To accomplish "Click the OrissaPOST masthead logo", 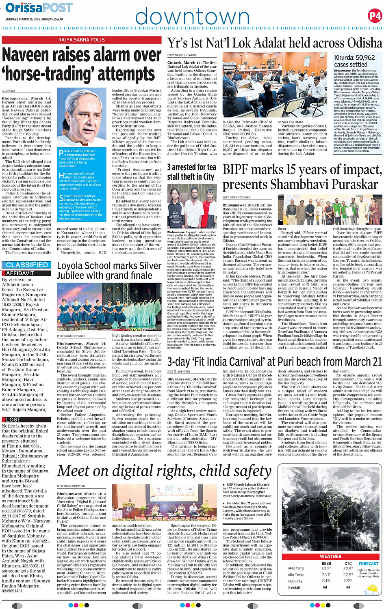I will pos(39,7).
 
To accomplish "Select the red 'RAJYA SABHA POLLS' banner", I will pos(81,40).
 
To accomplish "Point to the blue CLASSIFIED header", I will pos(27,265).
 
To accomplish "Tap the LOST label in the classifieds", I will pos(13,420).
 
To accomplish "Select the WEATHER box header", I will pos(330,556).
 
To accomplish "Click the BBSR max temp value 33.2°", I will pos(326,568).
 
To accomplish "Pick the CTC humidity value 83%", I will pos(348,581).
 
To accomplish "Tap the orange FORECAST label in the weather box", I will pos(368,564).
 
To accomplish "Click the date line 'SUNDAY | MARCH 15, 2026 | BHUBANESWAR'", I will pos(34,19).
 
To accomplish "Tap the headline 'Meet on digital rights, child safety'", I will pos(164,471).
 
